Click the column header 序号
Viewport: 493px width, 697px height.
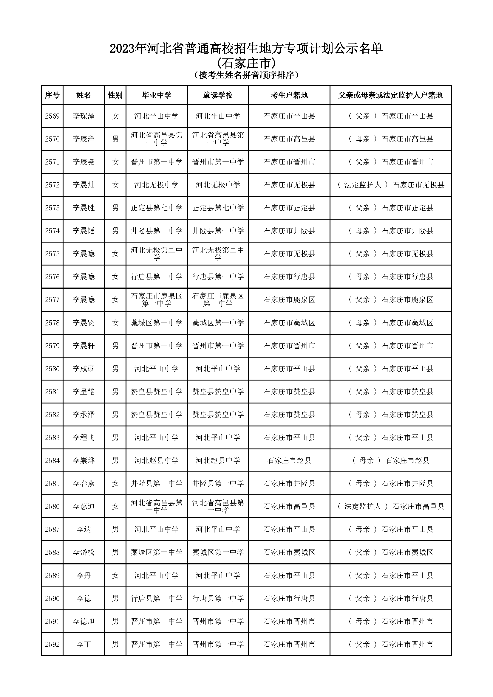click(52, 95)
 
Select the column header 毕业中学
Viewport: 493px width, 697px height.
click(157, 95)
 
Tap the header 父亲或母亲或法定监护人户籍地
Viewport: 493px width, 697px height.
click(390, 95)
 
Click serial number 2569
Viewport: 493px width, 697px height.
click(52, 116)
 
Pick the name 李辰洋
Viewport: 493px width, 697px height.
click(84, 139)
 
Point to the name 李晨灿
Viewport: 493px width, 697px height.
click(84, 185)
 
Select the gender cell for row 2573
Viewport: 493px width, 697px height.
click(115, 208)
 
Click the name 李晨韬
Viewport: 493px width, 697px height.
click(84, 231)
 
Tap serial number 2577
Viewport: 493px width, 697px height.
click(52, 299)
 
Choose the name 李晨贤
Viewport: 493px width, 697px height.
click(84, 323)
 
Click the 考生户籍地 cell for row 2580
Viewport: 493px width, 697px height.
click(289, 369)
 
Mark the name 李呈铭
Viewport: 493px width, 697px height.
click(84, 392)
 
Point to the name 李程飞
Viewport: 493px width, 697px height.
click(84, 437)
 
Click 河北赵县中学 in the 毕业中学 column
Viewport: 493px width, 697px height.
click(157, 460)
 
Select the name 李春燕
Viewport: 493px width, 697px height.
click(84, 483)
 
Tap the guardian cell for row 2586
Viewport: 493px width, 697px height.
click(390, 506)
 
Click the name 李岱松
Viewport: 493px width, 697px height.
click(84, 552)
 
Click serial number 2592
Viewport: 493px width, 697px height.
click(52, 644)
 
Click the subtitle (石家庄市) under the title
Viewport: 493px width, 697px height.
click(246, 63)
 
